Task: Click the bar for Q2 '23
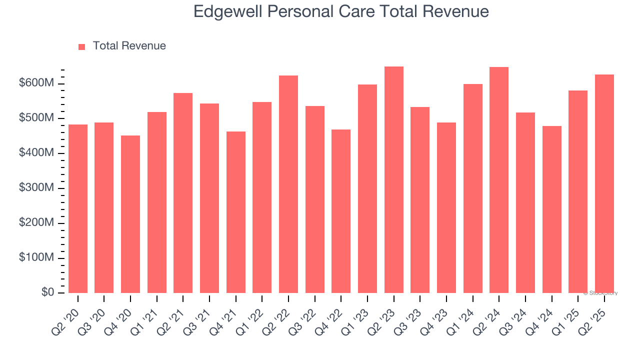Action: pos(394,180)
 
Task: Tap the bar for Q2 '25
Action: pos(604,183)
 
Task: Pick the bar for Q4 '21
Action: pos(236,212)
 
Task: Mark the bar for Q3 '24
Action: pos(525,202)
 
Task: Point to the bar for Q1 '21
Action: pos(157,202)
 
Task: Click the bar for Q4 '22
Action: pos(341,211)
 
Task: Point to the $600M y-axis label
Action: pos(36,83)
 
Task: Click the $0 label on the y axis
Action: pos(46,292)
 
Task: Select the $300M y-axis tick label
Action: pos(36,188)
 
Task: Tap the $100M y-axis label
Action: pos(36,258)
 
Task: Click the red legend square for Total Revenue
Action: pos(82,46)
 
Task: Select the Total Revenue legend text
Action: pos(129,46)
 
